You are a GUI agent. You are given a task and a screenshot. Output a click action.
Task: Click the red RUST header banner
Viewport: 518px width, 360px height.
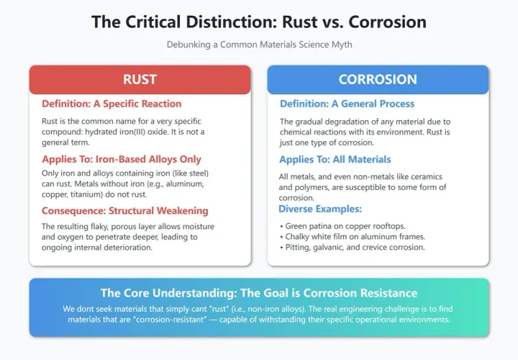(x=140, y=80)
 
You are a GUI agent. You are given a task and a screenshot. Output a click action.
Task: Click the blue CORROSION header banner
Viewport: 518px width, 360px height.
(x=378, y=80)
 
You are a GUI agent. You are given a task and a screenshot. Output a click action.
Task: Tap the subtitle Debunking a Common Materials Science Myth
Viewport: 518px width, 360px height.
(x=259, y=45)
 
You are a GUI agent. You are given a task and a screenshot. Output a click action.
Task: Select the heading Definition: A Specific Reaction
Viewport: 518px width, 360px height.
(x=112, y=104)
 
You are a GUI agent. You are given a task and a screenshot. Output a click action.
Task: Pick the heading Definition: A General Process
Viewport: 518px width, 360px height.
(x=347, y=104)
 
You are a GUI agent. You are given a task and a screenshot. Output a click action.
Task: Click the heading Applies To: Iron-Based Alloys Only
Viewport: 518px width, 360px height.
(x=122, y=159)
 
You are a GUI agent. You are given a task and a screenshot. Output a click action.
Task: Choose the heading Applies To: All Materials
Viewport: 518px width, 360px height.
(x=335, y=159)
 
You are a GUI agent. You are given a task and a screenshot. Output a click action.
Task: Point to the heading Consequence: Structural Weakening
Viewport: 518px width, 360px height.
(x=125, y=211)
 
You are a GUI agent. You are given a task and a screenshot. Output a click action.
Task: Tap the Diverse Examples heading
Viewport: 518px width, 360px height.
(x=320, y=209)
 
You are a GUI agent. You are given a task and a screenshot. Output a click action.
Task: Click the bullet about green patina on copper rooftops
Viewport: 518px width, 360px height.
(x=342, y=226)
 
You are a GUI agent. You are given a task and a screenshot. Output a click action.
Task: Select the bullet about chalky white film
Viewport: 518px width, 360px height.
(x=353, y=237)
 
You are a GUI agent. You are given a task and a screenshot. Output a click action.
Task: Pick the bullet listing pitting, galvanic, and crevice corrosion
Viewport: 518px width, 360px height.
(x=352, y=247)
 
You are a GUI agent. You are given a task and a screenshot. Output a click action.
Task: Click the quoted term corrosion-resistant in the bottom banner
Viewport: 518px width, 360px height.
(x=170, y=320)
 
